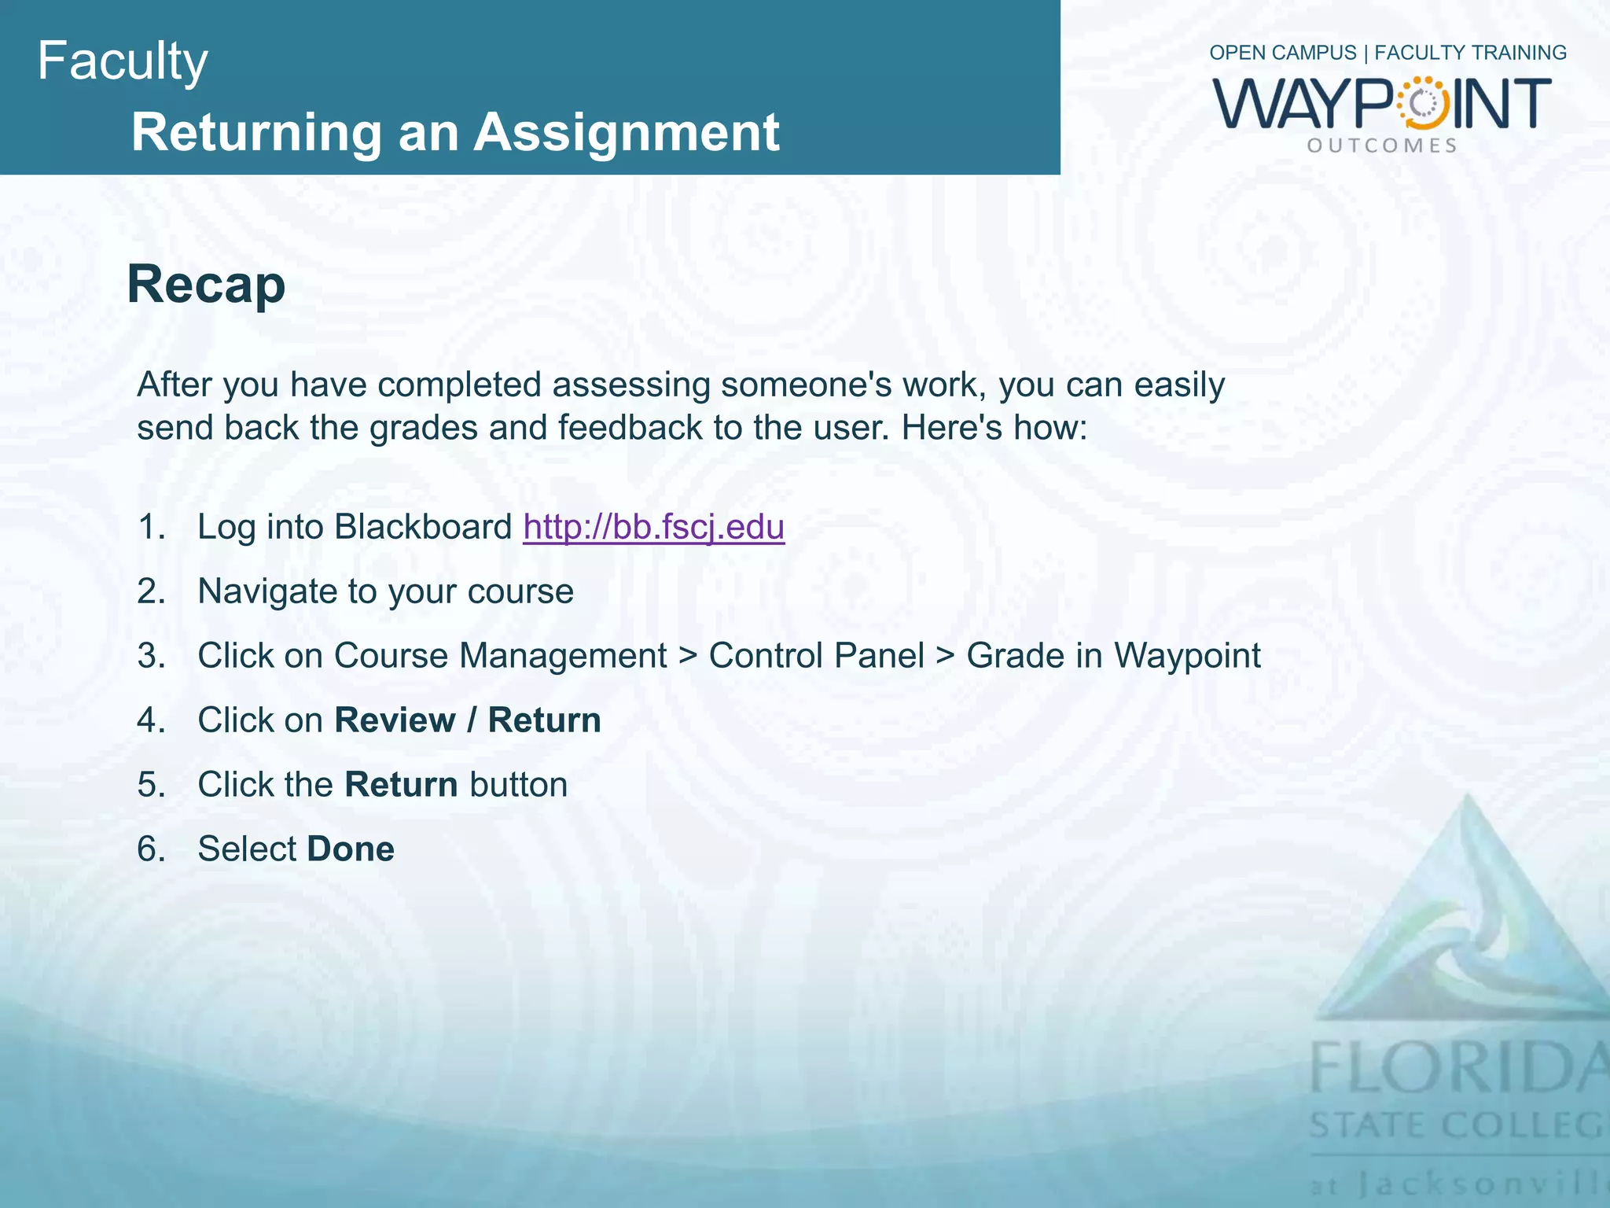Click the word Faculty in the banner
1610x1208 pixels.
coord(123,61)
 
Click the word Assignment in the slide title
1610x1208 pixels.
coord(627,132)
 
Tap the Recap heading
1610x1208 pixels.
coord(206,284)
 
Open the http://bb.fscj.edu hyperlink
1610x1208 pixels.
coord(653,526)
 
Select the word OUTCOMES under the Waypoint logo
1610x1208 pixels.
coord(1382,145)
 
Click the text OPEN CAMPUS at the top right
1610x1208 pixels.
coord(1282,53)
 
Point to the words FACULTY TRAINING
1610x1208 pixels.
coord(1470,53)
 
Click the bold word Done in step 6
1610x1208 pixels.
coord(351,849)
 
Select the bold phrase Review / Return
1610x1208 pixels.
coord(468,720)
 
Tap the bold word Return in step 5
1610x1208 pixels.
coord(401,784)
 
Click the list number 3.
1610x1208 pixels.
coord(151,655)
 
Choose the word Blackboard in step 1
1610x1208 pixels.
coord(423,526)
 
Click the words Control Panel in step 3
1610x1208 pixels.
coord(816,655)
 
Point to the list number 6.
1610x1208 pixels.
coord(151,849)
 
